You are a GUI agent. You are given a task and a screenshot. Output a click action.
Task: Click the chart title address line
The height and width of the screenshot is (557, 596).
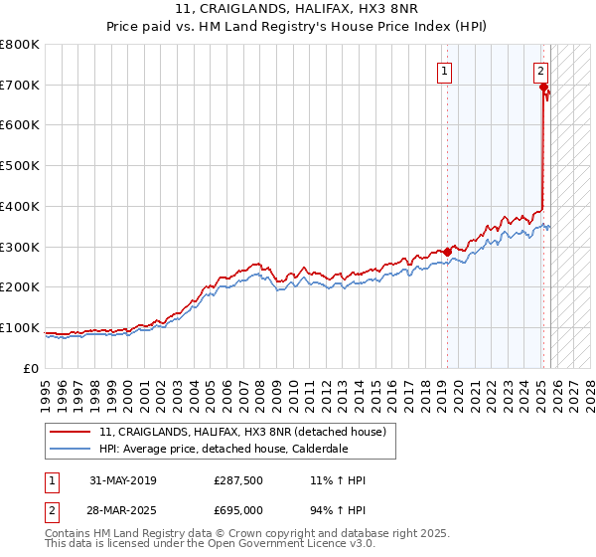298,9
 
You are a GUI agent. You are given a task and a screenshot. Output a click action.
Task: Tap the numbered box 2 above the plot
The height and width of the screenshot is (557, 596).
540,71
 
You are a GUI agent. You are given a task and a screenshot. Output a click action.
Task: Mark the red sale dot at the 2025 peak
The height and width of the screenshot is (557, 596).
543,88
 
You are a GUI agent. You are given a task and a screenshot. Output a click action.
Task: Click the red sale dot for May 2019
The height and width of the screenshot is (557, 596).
447,252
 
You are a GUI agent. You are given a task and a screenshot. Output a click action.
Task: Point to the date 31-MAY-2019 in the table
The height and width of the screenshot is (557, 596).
128,480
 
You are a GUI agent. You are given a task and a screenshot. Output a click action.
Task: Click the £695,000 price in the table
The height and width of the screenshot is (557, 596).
238,510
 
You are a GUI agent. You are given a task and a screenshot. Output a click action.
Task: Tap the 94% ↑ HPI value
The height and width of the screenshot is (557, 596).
338,510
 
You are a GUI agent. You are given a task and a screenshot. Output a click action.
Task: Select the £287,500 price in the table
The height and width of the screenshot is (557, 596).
238,480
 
